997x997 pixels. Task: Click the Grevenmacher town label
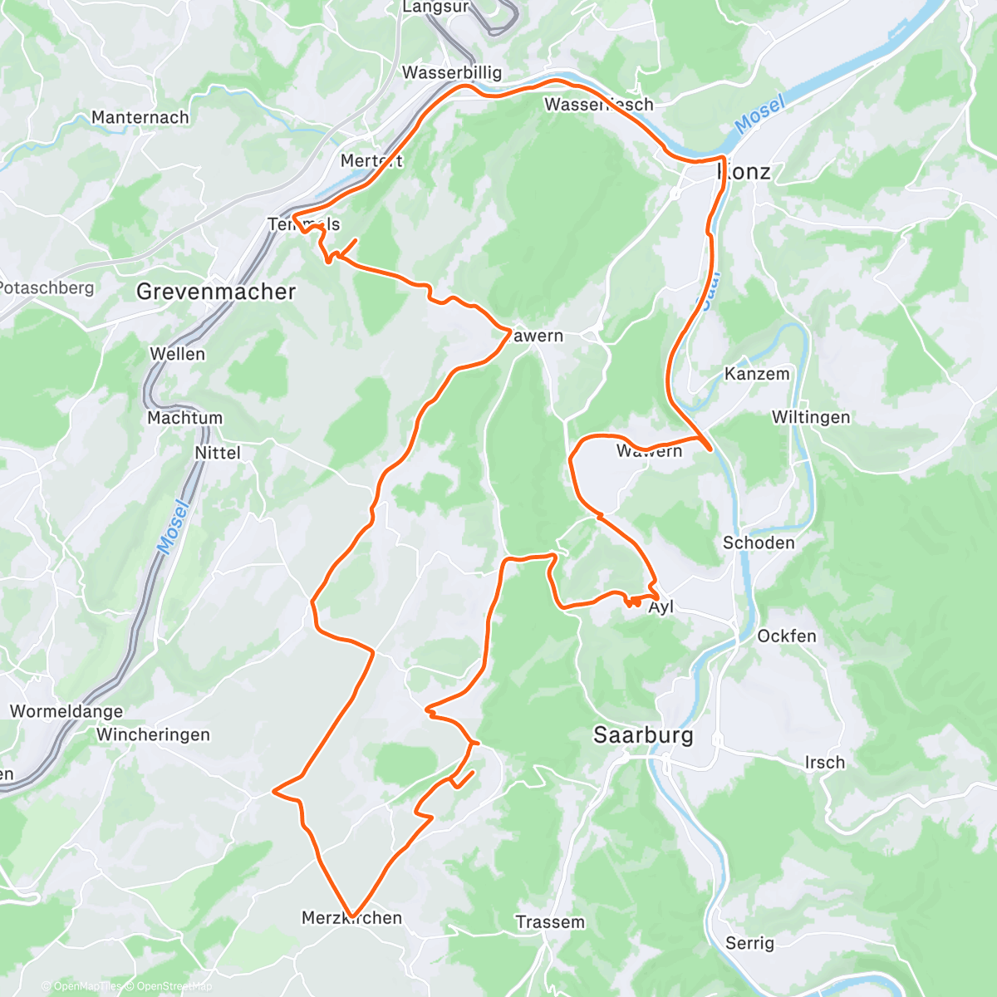click(216, 292)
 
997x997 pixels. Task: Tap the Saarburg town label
click(644, 735)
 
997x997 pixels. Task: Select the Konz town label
click(744, 172)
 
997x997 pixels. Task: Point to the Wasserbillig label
click(452, 72)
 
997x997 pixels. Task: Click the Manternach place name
click(140, 117)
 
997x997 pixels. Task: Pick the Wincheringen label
click(153, 734)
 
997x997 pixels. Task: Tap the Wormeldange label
click(66, 711)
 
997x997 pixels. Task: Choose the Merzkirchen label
click(351, 918)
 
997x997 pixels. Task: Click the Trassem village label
click(550, 922)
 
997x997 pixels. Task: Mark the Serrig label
click(749, 943)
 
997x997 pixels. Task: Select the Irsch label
click(824, 763)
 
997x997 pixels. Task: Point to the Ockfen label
click(787, 636)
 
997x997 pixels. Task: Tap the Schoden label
click(759, 543)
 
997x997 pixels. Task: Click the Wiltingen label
click(811, 417)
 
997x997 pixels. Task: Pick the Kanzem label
click(757, 374)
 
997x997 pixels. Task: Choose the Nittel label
click(218, 453)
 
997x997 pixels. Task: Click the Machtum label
click(184, 418)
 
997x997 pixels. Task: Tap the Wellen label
click(177, 354)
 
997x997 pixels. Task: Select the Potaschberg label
click(47, 288)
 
